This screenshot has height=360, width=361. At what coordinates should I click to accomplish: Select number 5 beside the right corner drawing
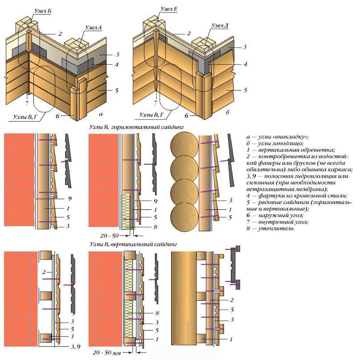point(246,90)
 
